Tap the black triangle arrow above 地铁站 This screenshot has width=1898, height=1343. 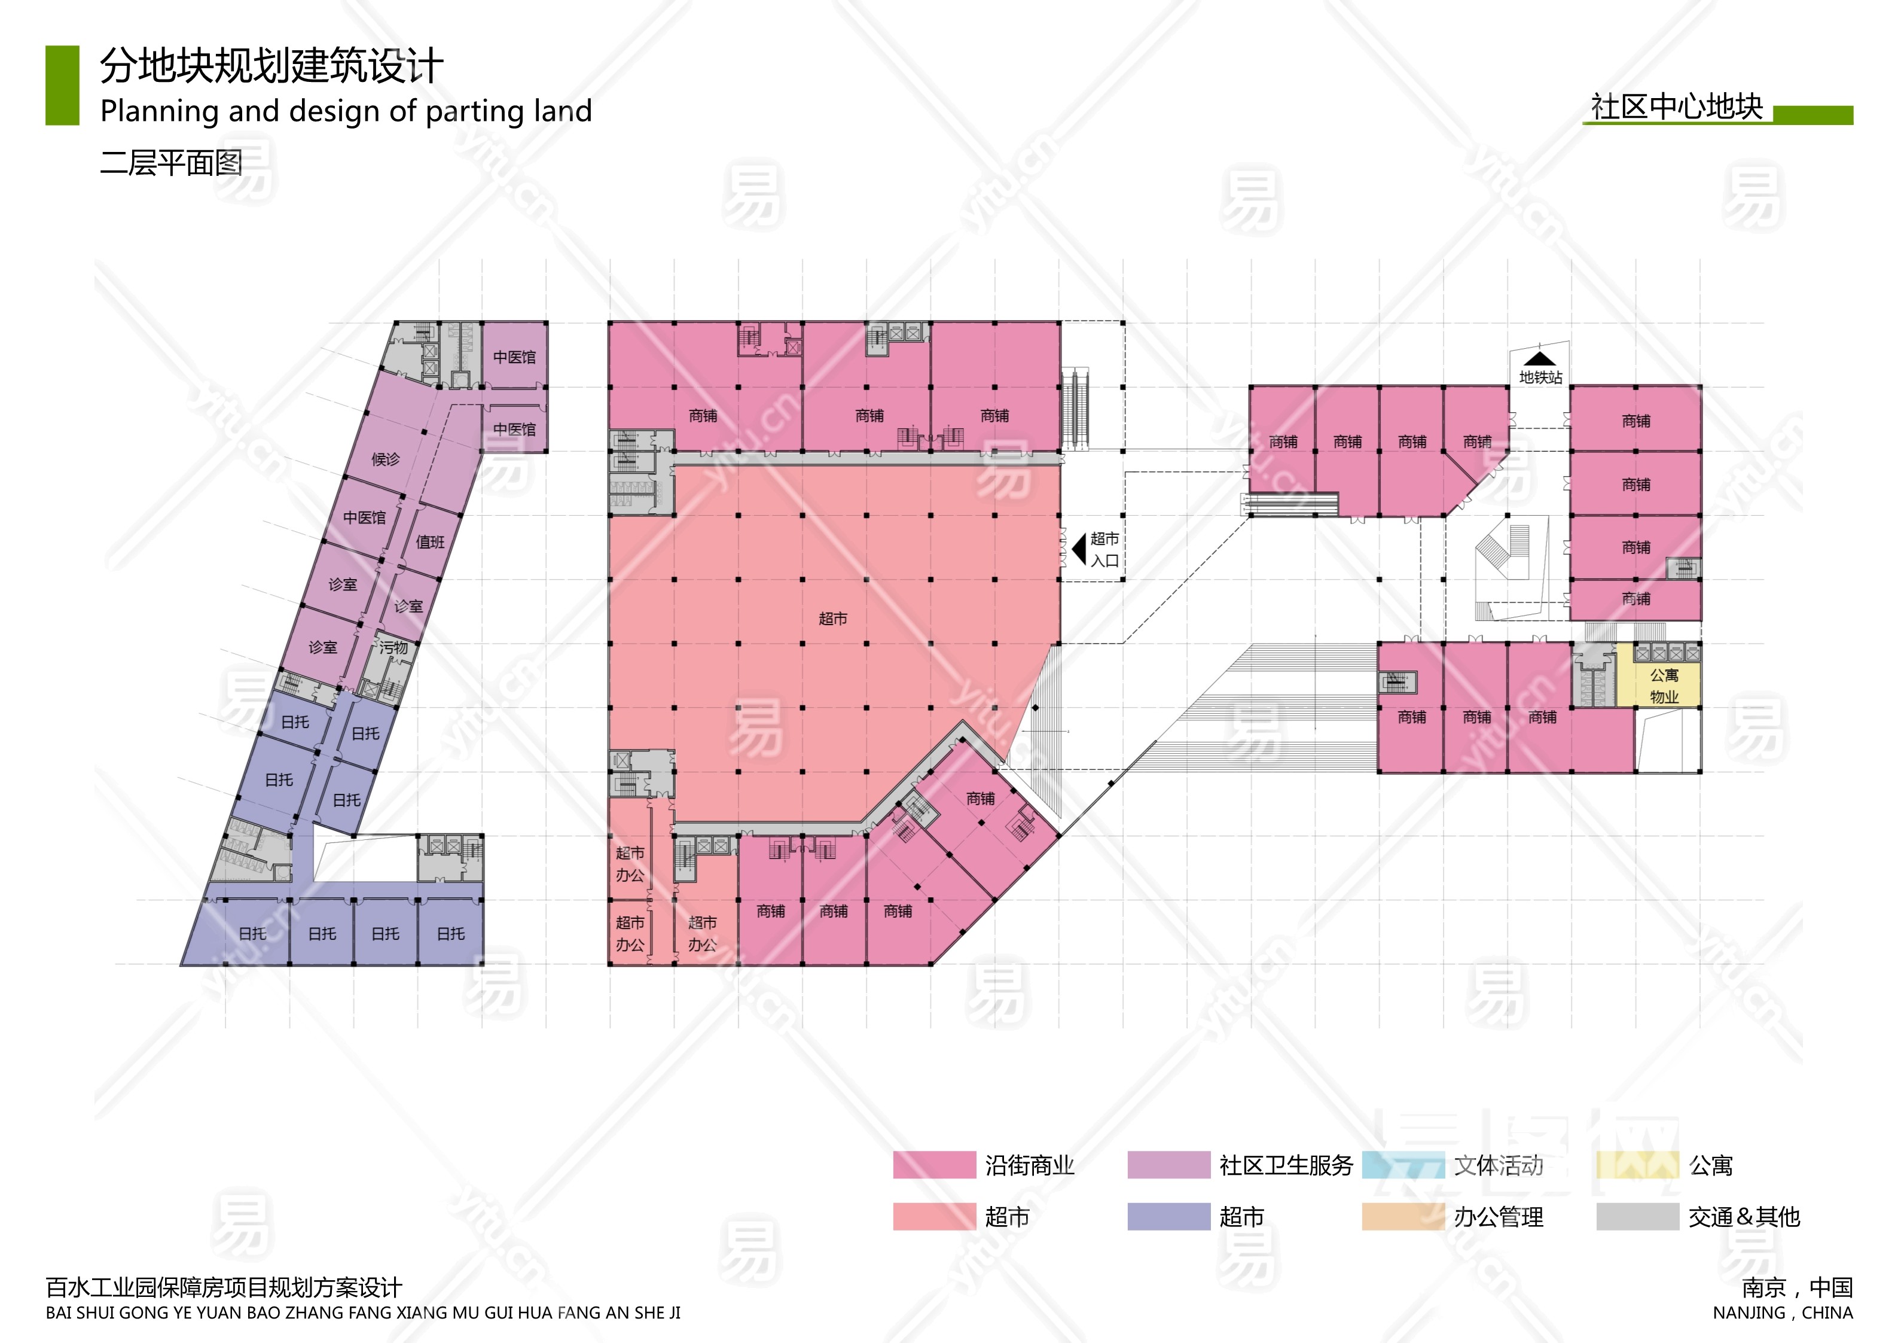click(x=1539, y=359)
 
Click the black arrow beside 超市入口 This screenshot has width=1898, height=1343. click(x=1079, y=549)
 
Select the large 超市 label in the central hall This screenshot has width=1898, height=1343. click(x=832, y=619)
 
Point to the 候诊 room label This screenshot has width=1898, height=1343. click(x=385, y=459)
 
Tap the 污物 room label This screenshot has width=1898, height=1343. click(x=394, y=647)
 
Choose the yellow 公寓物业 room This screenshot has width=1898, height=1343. click(x=1664, y=686)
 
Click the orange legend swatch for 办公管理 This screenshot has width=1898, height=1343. click(x=1403, y=1216)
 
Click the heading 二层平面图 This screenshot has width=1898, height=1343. click(x=171, y=163)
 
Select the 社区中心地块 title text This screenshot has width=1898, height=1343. click(x=1677, y=108)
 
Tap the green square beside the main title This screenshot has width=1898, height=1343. click(x=62, y=85)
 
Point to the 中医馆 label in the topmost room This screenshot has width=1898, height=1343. click(x=514, y=357)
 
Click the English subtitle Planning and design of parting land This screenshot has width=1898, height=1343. click(x=346, y=111)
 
